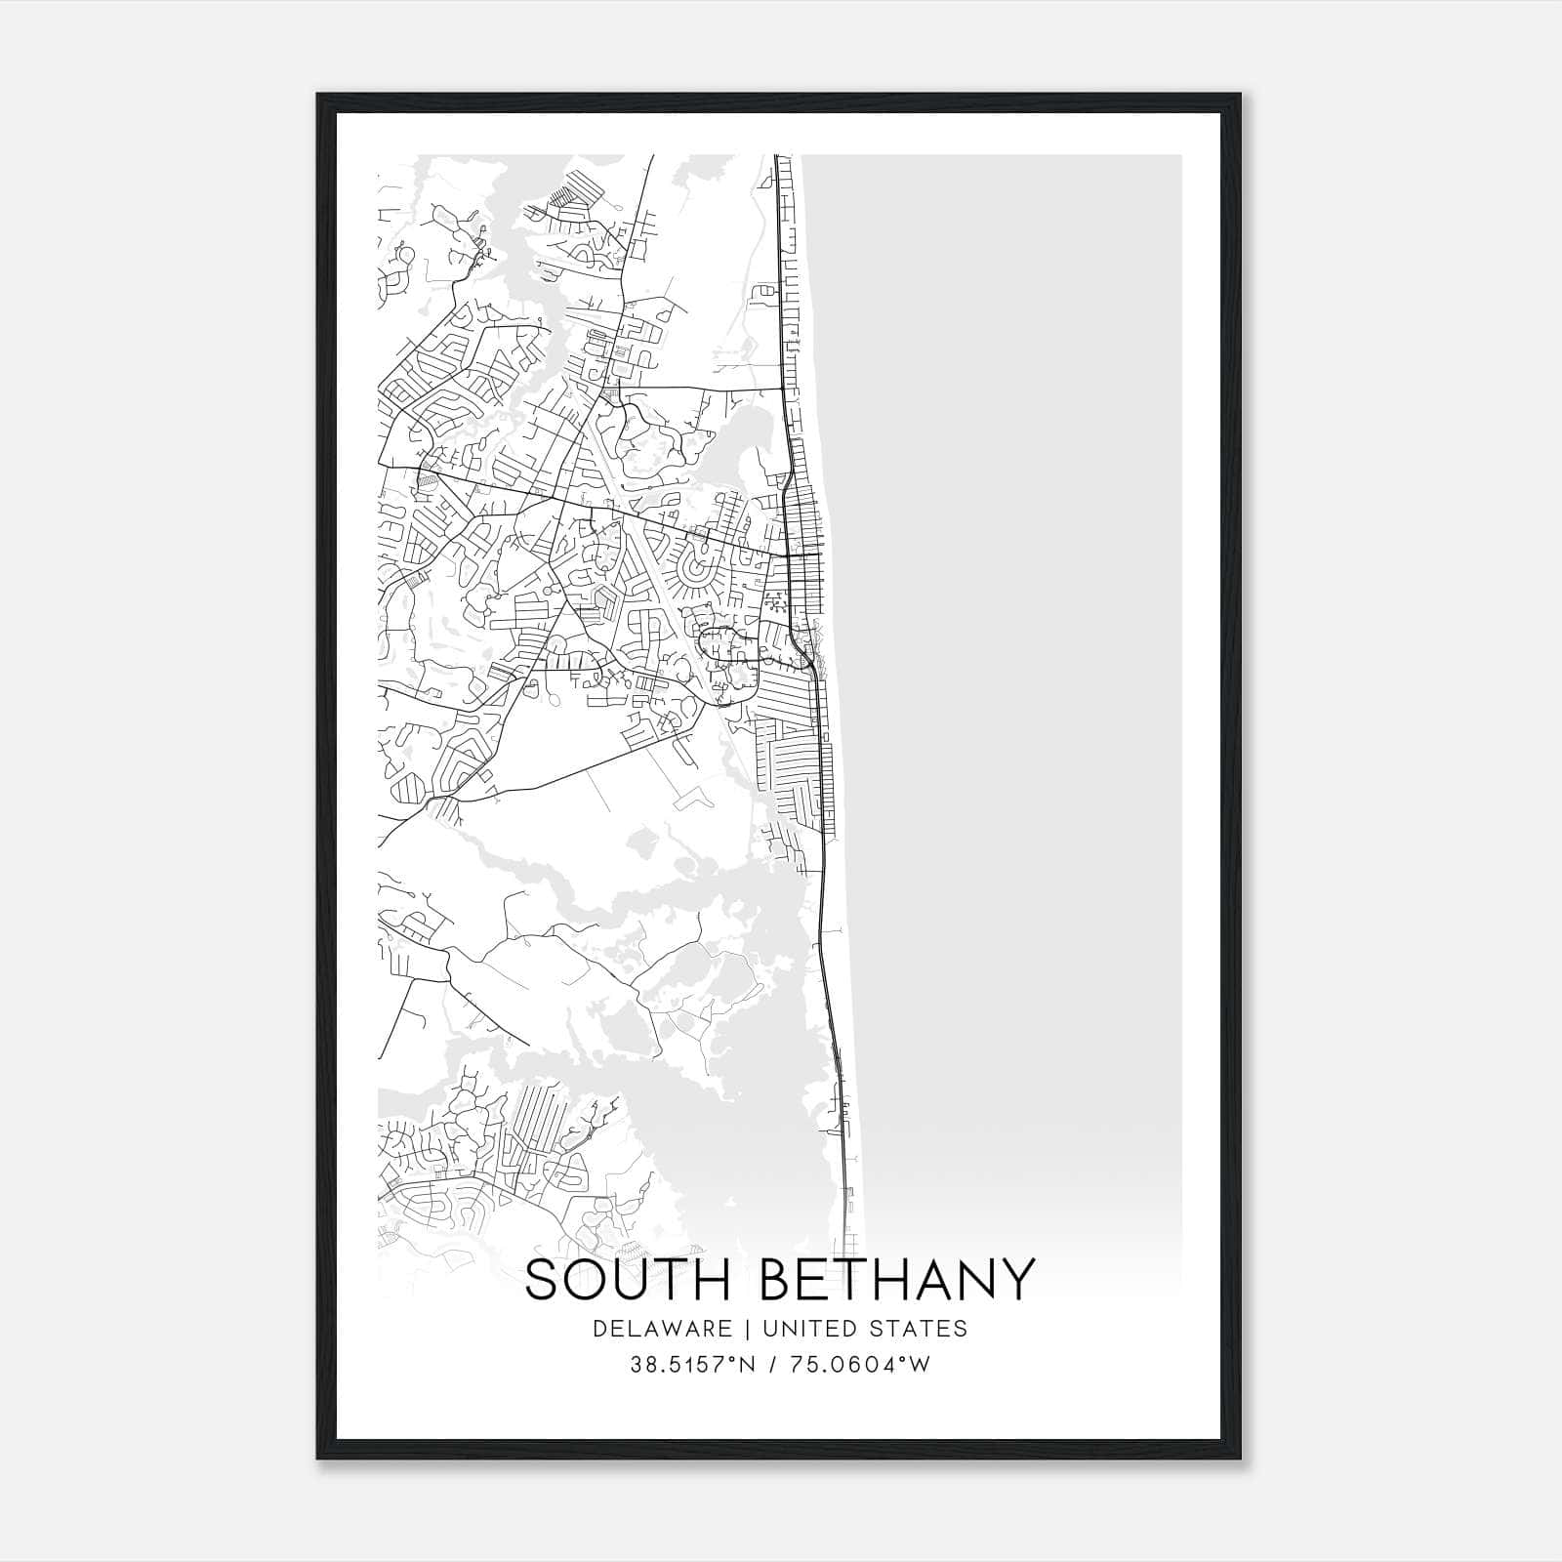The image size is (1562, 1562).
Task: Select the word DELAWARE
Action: (662, 1328)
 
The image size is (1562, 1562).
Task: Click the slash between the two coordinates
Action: (771, 1365)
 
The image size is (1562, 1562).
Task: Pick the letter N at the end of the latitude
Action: (749, 1365)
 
